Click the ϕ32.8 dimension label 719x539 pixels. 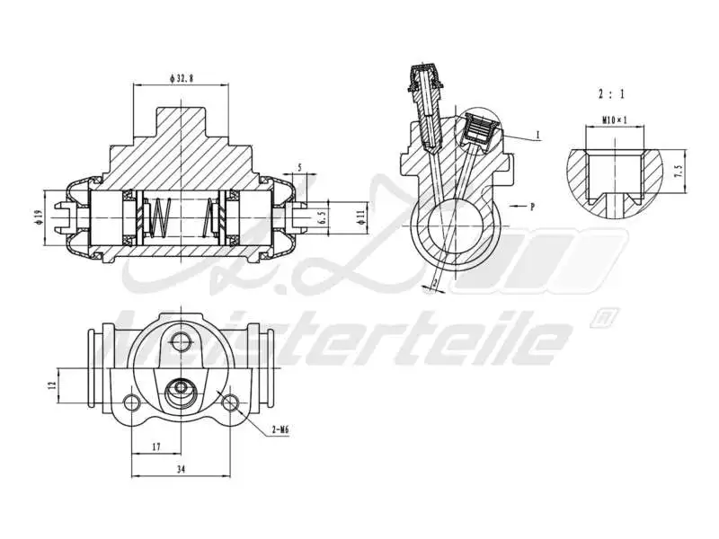coord(180,79)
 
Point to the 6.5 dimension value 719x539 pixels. coord(321,217)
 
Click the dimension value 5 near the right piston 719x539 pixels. coord(299,167)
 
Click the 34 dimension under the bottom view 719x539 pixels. coord(182,469)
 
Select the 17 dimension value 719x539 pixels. coord(156,446)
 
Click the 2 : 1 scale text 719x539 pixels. coord(610,93)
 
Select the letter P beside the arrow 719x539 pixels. coord(532,207)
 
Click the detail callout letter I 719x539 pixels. coord(537,135)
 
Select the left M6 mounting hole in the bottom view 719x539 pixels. coord(132,401)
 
